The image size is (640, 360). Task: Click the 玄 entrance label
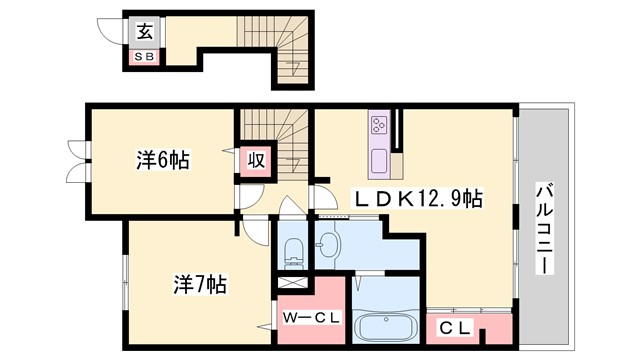(x=145, y=30)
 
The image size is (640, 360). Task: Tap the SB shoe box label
(x=145, y=58)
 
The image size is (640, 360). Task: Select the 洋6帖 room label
(x=163, y=160)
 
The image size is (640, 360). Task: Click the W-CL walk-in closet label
(x=312, y=317)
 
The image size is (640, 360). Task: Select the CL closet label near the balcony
(x=453, y=326)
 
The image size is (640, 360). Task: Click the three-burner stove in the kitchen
(x=380, y=124)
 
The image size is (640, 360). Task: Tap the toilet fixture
(x=295, y=251)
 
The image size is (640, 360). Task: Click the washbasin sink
(x=331, y=242)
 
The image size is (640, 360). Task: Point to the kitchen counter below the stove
(x=380, y=160)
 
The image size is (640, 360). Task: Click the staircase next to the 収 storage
(x=290, y=140)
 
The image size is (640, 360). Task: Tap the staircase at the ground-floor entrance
(x=270, y=40)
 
